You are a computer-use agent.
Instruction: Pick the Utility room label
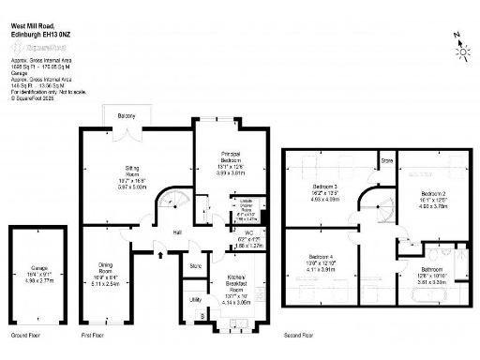coord(195,299)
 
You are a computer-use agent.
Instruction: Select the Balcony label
coord(127,116)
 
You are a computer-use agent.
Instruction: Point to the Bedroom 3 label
coord(328,187)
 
